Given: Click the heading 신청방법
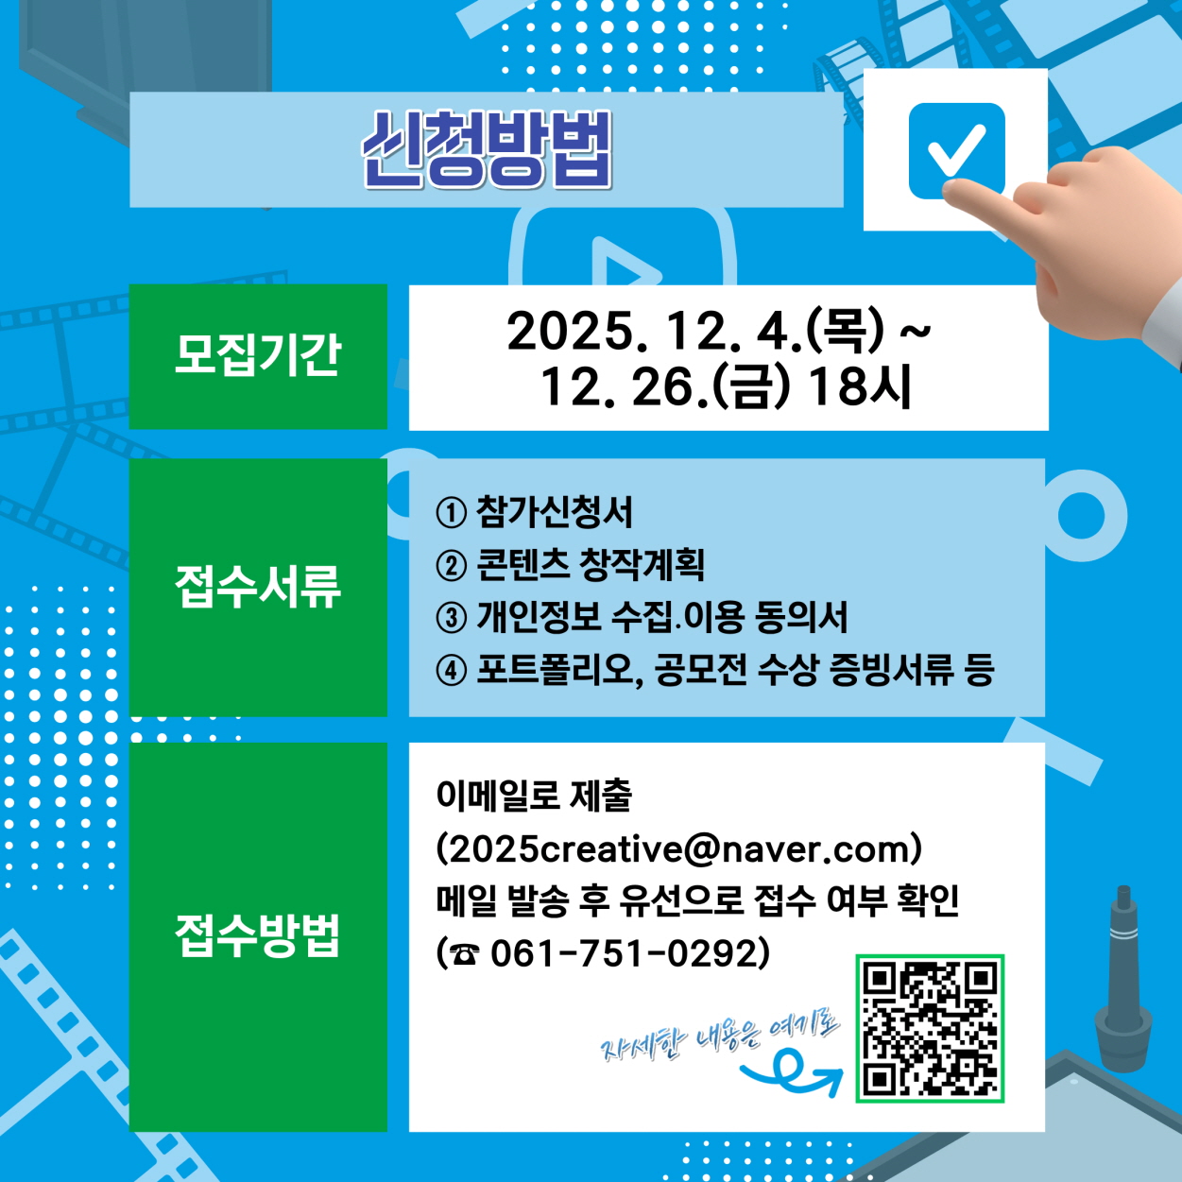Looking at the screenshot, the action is [x=487, y=149].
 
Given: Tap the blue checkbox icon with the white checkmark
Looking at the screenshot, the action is [x=956, y=151].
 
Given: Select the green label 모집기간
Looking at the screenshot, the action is [x=258, y=356].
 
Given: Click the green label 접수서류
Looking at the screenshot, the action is [x=258, y=587].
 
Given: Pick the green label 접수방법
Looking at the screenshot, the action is [x=258, y=935].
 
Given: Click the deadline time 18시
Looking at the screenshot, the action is [x=860, y=387].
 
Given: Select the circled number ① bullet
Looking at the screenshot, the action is [x=451, y=513].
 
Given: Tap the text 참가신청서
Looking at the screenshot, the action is [x=554, y=512].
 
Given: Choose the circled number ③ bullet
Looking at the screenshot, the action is [x=451, y=617].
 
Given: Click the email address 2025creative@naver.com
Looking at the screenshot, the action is [x=678, y=849].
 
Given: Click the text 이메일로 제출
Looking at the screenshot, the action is [x=534, y=796].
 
